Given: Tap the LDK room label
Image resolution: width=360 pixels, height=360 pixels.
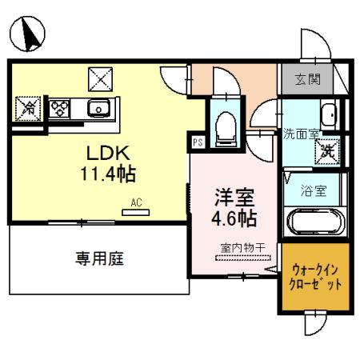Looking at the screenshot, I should tap(103, 153).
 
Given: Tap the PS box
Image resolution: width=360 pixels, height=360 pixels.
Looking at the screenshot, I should tap(197, 143).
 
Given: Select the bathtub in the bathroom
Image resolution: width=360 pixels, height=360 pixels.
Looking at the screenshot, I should tap(314, 222).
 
